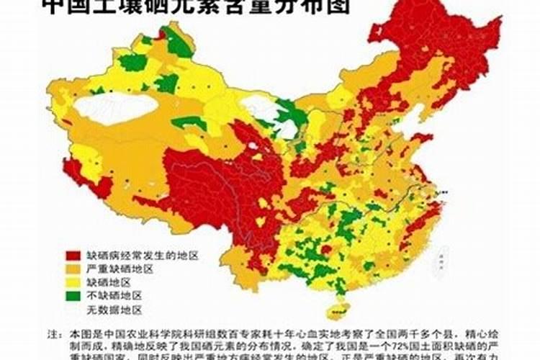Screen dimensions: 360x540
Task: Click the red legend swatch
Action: click(73, 256)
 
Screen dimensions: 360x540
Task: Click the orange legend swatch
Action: click(73, 269)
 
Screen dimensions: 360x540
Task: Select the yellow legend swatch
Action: click(73, 282)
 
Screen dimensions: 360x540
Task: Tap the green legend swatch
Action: click(73, 295)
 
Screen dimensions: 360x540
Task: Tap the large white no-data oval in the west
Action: click(115, 108)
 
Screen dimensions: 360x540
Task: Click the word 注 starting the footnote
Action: click(53, 335)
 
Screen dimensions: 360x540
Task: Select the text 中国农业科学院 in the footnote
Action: click(127, 335)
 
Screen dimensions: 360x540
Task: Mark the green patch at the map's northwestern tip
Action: click(176, 43)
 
